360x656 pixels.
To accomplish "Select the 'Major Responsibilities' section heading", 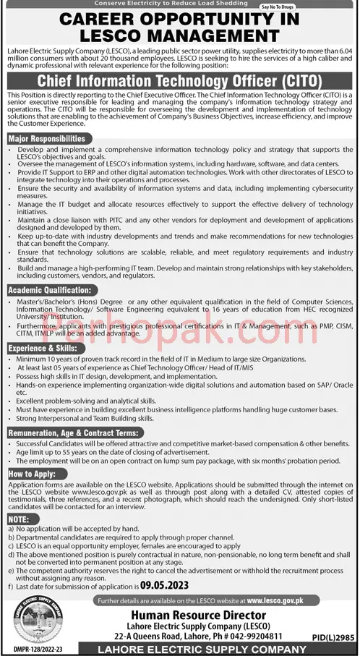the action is [x=47, y=138].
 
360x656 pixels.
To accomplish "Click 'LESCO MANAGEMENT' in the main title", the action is [x=179, y=36].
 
